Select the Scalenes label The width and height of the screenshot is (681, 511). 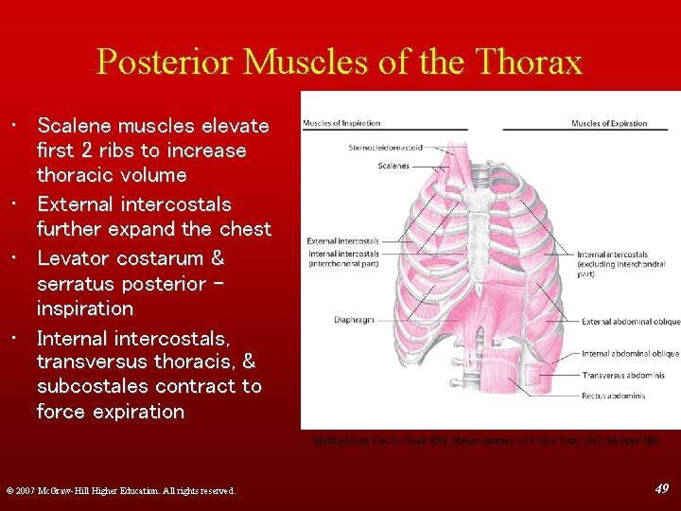click(x=393, y=166)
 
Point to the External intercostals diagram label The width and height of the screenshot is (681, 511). click(x=342, y=241)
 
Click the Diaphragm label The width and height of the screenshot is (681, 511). click(x=356, y=320)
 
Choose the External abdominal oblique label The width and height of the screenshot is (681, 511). click(x=630, y=323)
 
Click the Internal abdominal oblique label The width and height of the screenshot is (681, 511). click(x=630, y=354)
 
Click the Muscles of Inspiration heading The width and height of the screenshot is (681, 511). click(x=341, y=124)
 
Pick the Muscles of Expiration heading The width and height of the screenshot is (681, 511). click(x=609, y=124)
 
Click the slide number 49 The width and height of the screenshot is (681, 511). click(x=661, y=488)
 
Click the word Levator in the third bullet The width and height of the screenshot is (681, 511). click(x=74, y=258)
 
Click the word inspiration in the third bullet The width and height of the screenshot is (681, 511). click(x=84, y=308)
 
